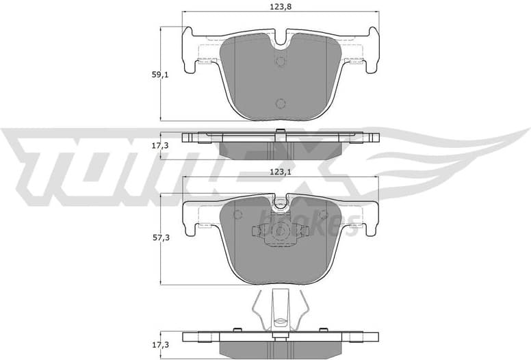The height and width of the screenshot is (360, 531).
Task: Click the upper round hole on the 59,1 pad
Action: [280, 61]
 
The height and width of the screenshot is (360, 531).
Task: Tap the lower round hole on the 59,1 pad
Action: [280, 103]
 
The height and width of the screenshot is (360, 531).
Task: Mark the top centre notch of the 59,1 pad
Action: [280, 40]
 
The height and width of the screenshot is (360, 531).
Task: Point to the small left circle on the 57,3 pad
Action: [237, 215]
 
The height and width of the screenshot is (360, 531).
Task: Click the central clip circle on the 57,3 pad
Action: [280, 232]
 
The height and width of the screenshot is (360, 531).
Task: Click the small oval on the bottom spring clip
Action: [280, 319]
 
